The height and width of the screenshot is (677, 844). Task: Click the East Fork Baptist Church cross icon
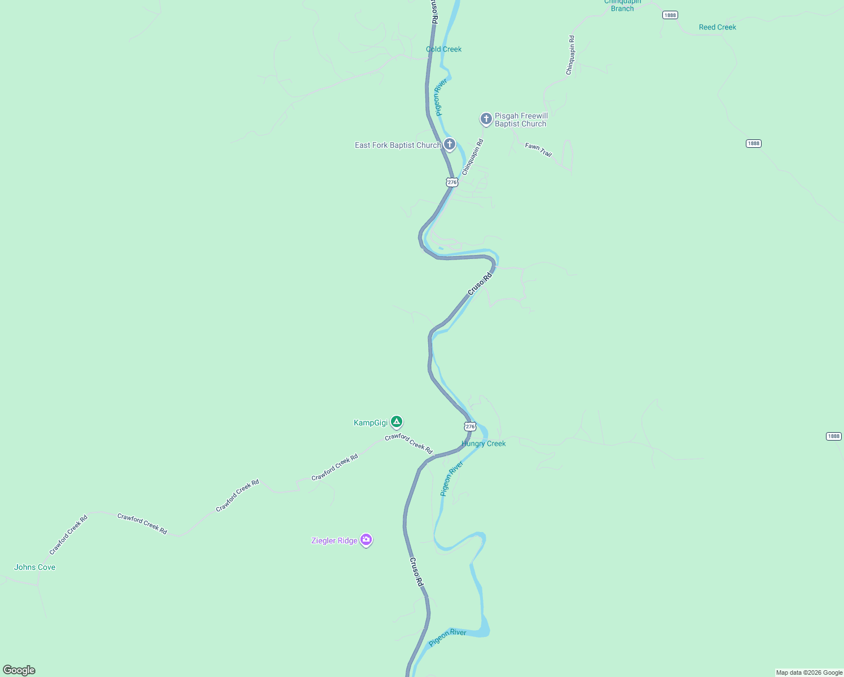point(450,144)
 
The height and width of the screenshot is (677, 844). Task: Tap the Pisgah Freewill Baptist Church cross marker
point(486,119)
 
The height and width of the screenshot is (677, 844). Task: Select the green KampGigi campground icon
point(397,421)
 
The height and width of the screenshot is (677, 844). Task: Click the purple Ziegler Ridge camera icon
point(366,540)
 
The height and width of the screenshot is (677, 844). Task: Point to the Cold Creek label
point(444,49)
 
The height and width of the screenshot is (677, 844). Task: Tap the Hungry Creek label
point(483,443)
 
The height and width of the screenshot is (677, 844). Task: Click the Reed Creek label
point(717,27)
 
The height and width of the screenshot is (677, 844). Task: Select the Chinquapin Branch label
point(622,5)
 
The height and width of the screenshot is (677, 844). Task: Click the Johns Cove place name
point(35,567)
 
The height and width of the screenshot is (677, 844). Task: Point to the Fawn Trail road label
point(538,150)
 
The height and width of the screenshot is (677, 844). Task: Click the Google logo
point(19,670)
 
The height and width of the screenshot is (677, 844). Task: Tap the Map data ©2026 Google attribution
point(809,672)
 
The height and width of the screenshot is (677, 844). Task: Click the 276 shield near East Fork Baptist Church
point(452,182)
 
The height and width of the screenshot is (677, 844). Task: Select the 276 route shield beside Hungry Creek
point(470,427)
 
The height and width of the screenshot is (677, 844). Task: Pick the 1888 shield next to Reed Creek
point(670,15)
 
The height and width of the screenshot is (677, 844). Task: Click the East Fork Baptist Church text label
point(397,145)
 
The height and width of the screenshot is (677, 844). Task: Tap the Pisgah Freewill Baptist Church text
point(521,120)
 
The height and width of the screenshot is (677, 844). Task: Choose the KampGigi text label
point(371,423)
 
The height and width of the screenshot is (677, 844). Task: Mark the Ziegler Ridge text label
point(334,540)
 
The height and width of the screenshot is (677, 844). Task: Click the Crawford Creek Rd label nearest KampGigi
point(408,443)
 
